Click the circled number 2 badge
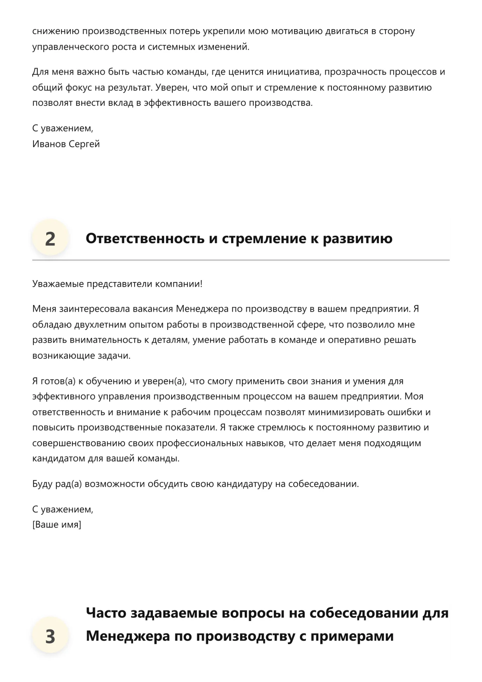(x=50, y=238)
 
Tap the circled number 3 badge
(x=50, y=636)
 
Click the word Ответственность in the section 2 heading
(x=145, y=238)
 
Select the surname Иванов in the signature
(x=49, y=144)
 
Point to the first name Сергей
(x=84, y=144)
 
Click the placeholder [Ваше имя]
(x=57, y=524)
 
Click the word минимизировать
(x=347, y=412)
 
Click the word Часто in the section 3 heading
(x=106, y=613)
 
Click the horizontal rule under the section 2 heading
(x=241, y=259)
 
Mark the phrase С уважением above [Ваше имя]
(x=63, y=509)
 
